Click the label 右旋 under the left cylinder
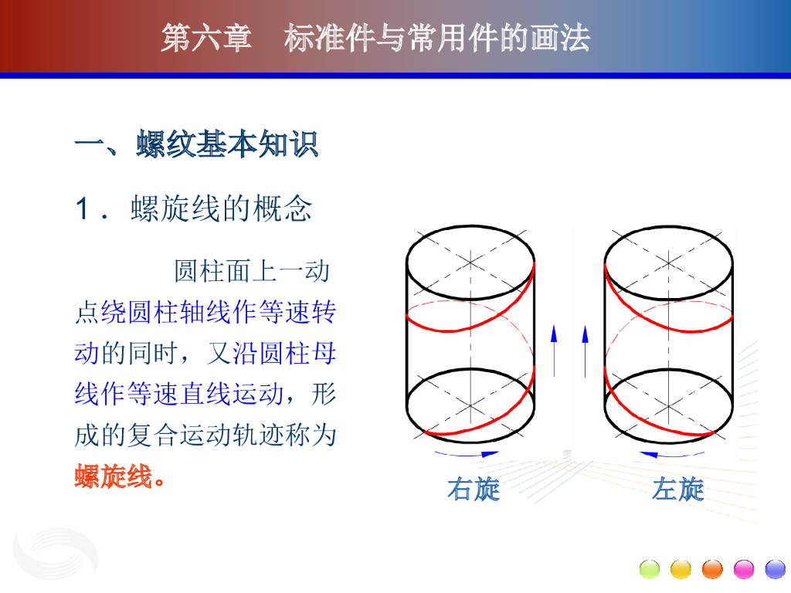[474, 489]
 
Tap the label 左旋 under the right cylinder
[677, 489]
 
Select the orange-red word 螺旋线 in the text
[114, 476]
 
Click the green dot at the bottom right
[649, 569]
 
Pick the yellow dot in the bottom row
[681, 569]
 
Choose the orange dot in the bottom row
[712, 569]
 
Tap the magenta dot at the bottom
[744, 569]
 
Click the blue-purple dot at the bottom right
[776, 569]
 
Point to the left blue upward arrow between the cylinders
[554, 351]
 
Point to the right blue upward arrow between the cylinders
[586, 351]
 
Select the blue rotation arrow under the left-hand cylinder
[467, 455]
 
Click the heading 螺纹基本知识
[227, 144]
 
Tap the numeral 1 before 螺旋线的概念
[82, 208]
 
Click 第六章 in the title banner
[206, 38]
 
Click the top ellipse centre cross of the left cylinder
[470, 263]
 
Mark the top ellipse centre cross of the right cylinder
[668, 263]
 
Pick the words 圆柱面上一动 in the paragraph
[252, 271]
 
